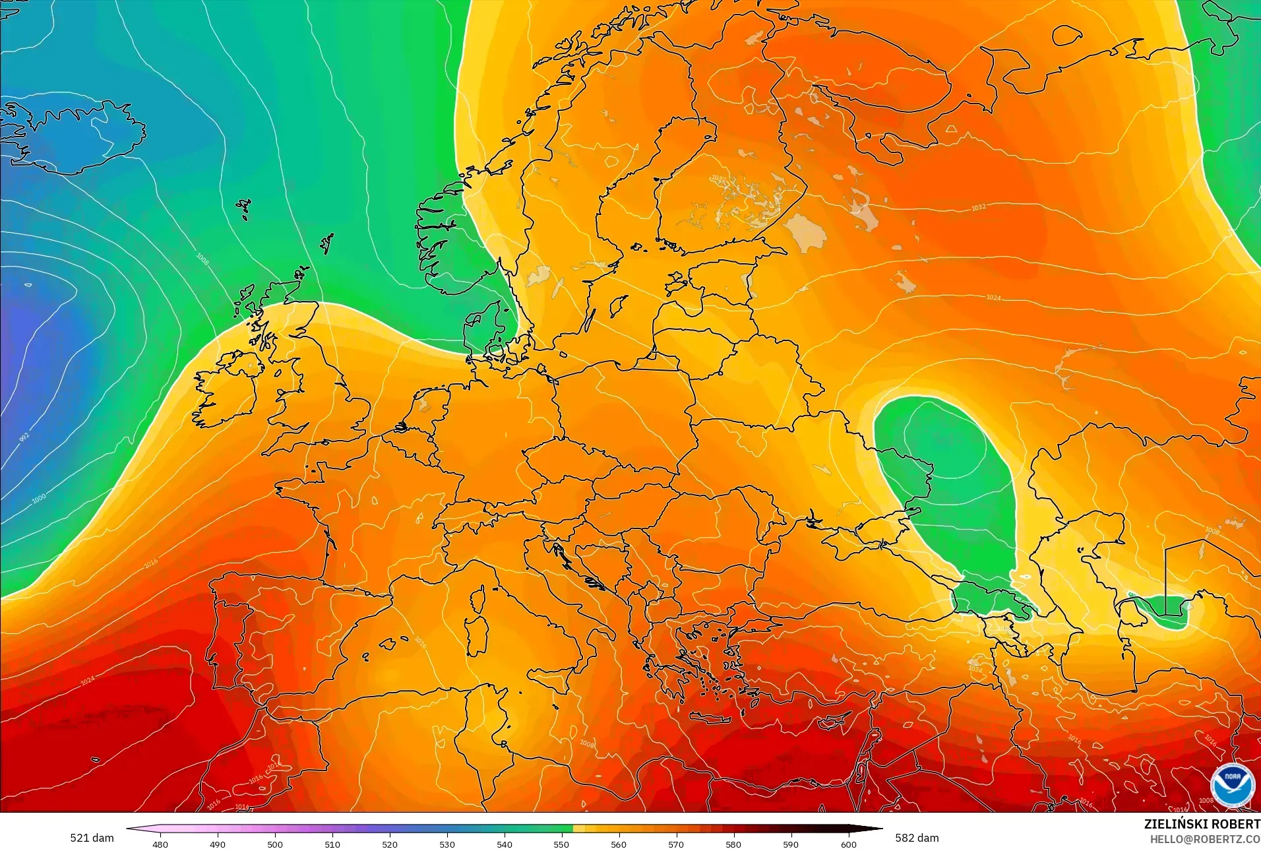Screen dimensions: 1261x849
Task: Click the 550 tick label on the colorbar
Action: (x=561, y=844)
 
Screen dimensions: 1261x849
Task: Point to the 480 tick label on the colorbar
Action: (x=160, y=844)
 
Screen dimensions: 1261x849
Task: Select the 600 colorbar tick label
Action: (x=848, y=844)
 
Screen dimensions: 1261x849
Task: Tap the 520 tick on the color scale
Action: (x=390, y=844)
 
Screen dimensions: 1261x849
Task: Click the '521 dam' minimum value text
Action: (x=92, y=838)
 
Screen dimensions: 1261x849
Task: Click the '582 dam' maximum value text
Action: (x=917, y=838)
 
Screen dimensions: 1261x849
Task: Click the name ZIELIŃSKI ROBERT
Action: (x=1202, y=824)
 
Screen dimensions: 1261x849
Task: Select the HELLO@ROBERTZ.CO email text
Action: (x=1205, y=839)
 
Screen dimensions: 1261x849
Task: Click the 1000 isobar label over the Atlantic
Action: (x=39, y=498)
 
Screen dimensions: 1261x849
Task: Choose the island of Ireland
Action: (x=224, y=393)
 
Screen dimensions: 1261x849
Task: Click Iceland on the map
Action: (x=79, y=139)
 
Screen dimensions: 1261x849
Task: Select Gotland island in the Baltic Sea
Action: (x=619, y=305)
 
